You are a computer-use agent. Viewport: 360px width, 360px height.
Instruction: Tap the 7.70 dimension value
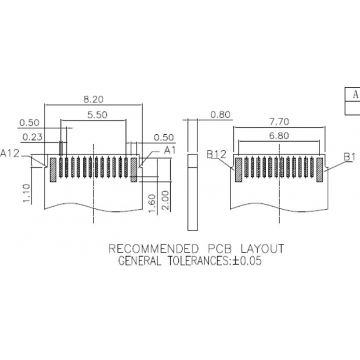click(279, 122)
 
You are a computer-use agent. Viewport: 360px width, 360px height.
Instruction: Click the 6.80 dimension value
click(279, 136)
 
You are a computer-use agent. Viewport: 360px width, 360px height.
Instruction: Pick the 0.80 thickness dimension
click(221, 115)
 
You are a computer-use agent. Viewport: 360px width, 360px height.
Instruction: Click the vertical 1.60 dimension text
click(152, 203)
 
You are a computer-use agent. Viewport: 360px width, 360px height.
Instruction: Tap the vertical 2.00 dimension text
click(165, 200)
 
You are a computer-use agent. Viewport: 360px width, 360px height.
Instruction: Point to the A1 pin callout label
click(170, 150)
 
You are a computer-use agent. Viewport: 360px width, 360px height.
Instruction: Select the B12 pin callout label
click(216, 154)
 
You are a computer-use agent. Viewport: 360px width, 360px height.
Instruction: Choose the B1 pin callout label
click(349, 156)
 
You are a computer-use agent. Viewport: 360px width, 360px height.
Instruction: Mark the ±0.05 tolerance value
click(247, 261)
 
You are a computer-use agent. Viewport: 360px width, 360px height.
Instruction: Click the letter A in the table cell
click(354, 94)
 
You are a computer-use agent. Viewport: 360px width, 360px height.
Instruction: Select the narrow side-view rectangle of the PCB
click(192, 174)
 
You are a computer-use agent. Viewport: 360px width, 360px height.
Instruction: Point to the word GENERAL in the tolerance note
click(139, 261)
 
